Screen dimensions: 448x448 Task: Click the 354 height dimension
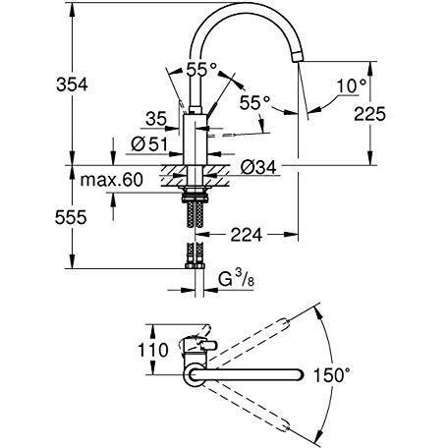pos(72,84)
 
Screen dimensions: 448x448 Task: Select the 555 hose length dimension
pos(71,217)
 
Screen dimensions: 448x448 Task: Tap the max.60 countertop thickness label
pos(112,180)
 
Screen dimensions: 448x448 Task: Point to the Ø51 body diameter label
pos(149,144)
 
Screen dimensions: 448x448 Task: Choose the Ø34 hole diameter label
pos(258,167)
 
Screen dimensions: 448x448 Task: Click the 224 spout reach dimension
pos(247,235)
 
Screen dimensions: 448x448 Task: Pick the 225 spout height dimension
pos(370,114)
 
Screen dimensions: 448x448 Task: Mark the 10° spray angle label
pos(352,86)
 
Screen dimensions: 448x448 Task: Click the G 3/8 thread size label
pos(236,280)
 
